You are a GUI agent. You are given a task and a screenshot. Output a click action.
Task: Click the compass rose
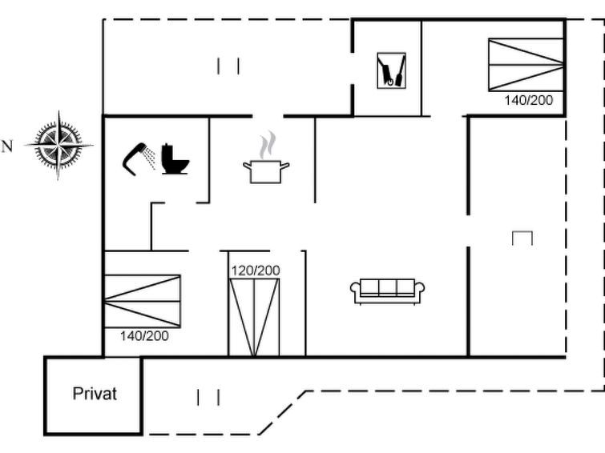click(x=58, y=146)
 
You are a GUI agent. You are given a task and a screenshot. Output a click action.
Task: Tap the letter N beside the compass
click(x=7, y=146)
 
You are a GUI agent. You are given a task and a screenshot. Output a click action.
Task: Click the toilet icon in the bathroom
click(x=175, y=158)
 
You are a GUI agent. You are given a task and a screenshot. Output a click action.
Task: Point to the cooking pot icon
click(x=266, y=172)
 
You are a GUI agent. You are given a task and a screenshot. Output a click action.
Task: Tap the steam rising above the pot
click(x=268, y=145)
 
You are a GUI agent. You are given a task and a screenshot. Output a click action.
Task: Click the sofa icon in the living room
click(x=387, y=291)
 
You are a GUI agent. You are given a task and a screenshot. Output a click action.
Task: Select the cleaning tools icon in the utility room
click(x=391, y=70)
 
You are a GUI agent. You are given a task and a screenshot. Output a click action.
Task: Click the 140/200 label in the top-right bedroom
click(x=529, y=100)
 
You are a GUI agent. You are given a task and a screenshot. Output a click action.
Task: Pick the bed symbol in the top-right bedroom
click(x=526, y=65)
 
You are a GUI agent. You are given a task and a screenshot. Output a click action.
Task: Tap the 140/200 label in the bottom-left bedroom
click(x=144, y=336)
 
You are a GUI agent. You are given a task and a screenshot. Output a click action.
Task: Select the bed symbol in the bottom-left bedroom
click(x=143, y=301)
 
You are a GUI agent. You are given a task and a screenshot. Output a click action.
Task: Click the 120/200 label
click(x=256, y=271)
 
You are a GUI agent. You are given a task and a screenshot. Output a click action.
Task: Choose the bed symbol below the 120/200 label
click(x=254, y=317)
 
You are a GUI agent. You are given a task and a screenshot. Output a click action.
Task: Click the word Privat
click(x=95, y=394)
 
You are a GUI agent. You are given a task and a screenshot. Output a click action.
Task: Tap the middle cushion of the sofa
click(x=387, y=287)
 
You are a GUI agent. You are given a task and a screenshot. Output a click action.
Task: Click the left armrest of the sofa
click(x=355, y=288)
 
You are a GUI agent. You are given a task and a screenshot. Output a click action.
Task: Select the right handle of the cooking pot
click(x=284, y=166)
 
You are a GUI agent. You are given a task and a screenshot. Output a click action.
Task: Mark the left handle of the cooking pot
click(x=248, y=166)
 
